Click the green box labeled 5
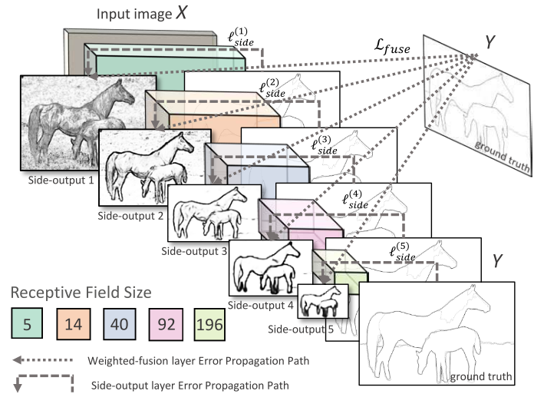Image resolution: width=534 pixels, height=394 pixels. pos(26,323)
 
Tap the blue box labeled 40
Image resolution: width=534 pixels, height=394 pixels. pos(120,323)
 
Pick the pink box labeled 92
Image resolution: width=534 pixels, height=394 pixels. pos(166,323)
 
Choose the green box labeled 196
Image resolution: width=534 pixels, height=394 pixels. pos(213,323)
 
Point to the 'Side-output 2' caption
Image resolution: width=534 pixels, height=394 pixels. pos(130,215)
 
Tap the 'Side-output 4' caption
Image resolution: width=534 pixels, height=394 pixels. pos(261,306)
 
